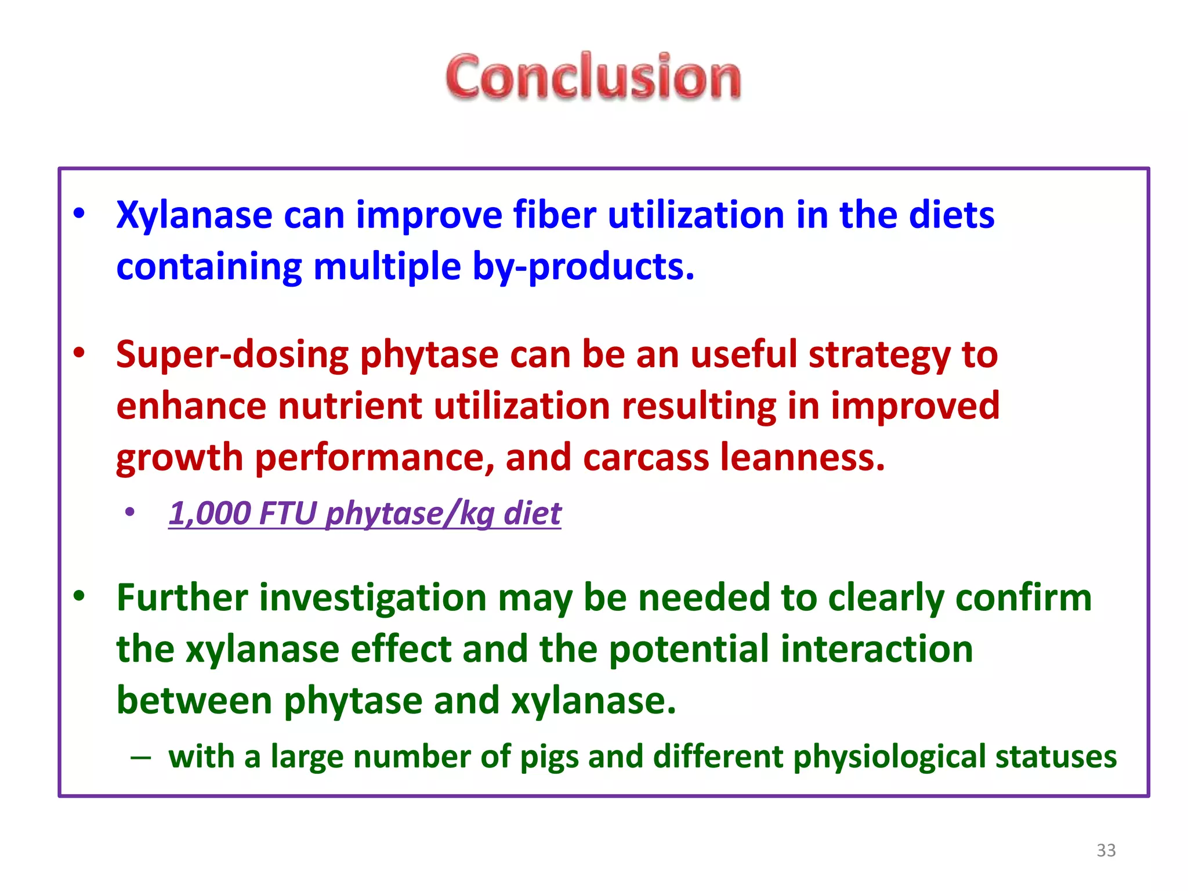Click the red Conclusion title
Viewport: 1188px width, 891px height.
point(593,77)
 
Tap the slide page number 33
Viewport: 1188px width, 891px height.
point(1106,850)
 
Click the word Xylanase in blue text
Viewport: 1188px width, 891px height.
point(194,215)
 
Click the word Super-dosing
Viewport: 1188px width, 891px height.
point(232,354)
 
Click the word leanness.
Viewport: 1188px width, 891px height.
point(803,457)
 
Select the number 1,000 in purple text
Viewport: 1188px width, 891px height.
point(209,513)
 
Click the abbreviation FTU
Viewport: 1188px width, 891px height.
point(288,513)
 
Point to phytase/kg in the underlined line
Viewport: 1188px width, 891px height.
point(410,513)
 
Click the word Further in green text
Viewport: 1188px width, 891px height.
point(182,597)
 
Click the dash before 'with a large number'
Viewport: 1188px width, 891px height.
point(141,757)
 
